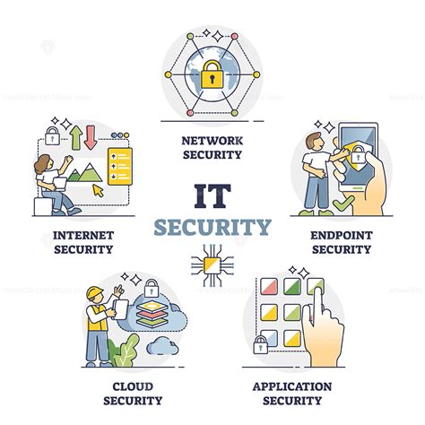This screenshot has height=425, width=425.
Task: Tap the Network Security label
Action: tap(212, 147)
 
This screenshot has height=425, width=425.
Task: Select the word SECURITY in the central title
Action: tap(212, 226)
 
